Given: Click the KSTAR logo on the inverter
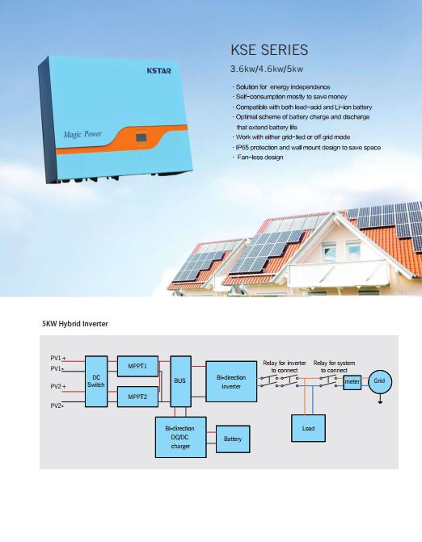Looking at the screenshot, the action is click(158, 70).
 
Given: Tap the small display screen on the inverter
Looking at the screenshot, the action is click(141, 137).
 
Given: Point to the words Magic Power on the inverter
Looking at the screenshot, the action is click(82, 134).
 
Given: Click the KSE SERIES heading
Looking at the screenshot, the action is click(269, 50).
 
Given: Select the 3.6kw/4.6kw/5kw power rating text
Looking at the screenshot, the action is click(267, 69).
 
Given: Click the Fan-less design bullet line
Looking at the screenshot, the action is click(258, 158).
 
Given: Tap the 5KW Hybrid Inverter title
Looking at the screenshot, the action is click(75, 324).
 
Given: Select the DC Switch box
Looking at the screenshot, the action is click(96, 381).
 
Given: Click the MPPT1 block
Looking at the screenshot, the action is click(137, 366).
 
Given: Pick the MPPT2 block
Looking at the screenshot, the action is click(137, 397).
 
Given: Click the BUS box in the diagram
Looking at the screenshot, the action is click(180, 381).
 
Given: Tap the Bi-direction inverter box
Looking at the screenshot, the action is click(231, 381).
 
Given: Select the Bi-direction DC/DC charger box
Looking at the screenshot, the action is click(180, 437).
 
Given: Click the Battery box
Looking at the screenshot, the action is click(233, 439).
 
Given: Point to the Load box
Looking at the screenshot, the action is click(308, 428).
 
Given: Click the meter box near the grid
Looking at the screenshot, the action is click(352, 382).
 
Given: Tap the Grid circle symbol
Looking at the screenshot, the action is click(380, 381).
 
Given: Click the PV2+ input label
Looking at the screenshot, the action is click(58, 386).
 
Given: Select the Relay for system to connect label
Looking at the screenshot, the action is click(334, 367).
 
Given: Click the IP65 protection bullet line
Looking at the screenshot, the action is click(306, 148).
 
